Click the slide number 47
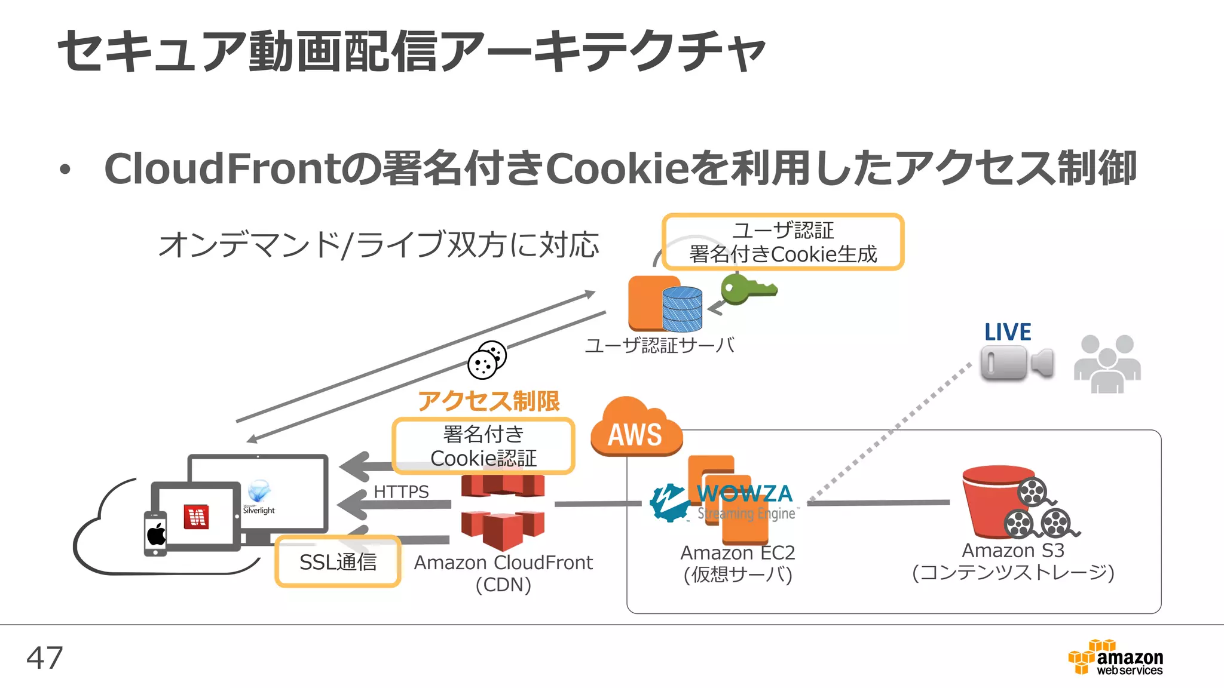pos(44,658)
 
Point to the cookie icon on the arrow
pos(487,360)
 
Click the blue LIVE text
pos(1008,332)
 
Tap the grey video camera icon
pos(1017,363)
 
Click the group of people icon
pos(1107,364)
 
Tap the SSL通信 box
pos(338,561)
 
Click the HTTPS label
pos(401,492)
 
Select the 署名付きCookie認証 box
pos(483,446)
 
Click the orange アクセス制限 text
pos(488,401)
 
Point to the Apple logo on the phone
pos(157,533)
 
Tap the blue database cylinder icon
pos(682,308)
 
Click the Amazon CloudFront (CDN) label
pos(503,573)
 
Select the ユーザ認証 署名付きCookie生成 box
pos(782,242)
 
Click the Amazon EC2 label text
pos(738,552)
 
